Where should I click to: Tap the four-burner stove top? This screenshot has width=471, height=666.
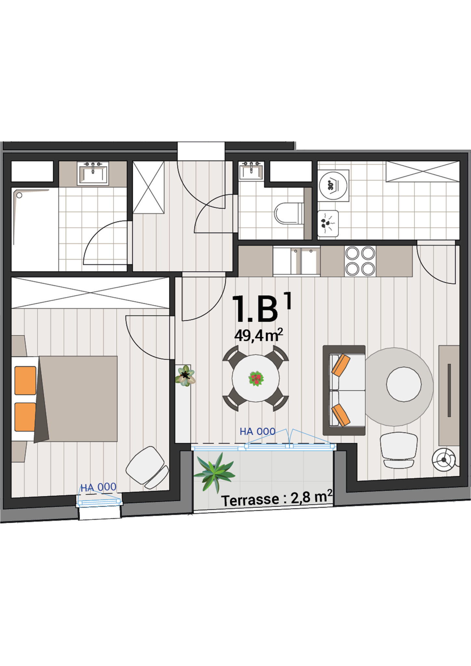pyautogui.click(x=360, y=261)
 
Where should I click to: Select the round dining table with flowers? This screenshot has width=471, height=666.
pyautogui.click(x=256, y=378)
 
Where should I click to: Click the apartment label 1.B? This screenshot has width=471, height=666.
pyautogui.click(x=255, y=309)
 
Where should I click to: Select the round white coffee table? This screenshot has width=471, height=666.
pyautogui.click(x=404, y=384)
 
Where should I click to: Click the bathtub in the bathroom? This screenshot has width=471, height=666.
pyautogui.click(x=35, y=229)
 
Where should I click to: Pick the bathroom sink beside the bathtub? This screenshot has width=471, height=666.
pyautogui.click(x=93, y=173)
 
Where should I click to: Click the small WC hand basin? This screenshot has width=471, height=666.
pyautogui.click(x=251, y=171)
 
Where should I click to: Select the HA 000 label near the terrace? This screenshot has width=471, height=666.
pyautogui.click(x=258, y=431)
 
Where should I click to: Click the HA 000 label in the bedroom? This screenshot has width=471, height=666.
pyautogui.click(x=99, y=487)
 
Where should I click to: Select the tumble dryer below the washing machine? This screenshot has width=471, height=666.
pyautogui.click(x=328, y=223)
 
